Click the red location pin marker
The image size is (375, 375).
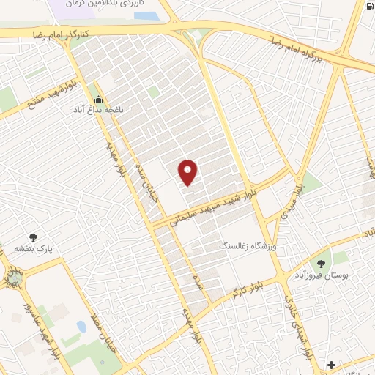(189, 172)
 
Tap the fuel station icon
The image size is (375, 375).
(366, 8)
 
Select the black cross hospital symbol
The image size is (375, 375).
(331, 364)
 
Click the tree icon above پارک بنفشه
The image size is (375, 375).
(33, 237)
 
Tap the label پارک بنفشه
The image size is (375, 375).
(33, 249)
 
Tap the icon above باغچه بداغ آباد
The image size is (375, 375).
(99, 100)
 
